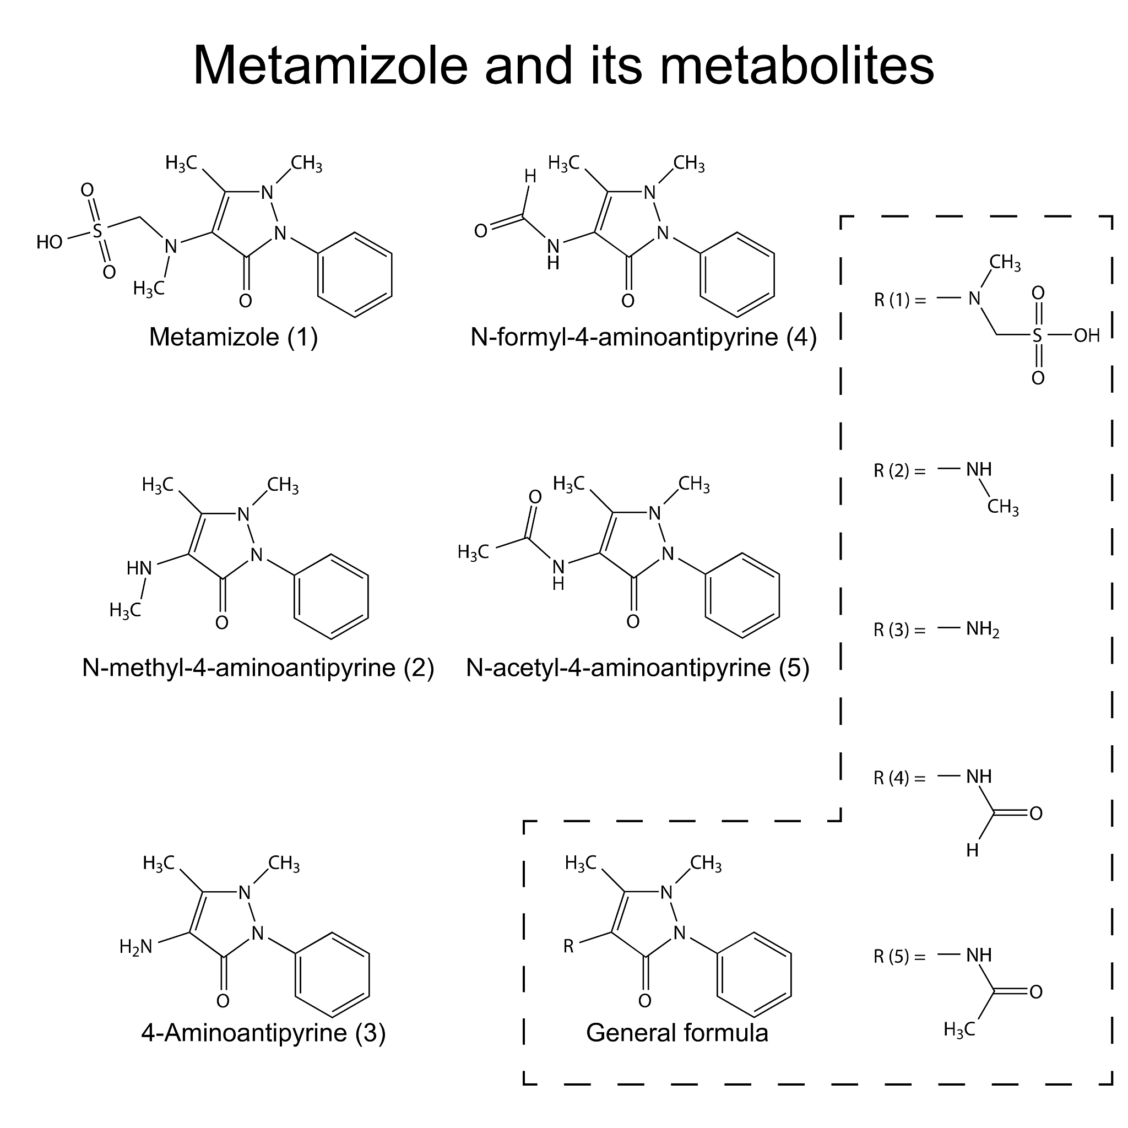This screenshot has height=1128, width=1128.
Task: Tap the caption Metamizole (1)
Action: [x=234, y=338]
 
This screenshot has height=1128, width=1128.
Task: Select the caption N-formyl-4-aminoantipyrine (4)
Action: [x=643, y=338]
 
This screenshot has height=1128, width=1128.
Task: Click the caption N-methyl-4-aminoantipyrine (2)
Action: [x=258, y=668]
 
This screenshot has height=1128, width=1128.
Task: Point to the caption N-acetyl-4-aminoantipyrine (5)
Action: [x=638, y=668]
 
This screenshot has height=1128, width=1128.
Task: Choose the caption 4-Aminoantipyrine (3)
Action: [x=263, y=1032]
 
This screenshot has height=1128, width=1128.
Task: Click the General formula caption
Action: [x=677, y=1032]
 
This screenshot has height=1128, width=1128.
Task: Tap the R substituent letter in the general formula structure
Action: [x=568, y=946]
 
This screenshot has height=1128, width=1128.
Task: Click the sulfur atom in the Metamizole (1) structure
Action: [x=97, y=231]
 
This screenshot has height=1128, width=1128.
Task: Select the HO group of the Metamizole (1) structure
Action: [x=50, y=242]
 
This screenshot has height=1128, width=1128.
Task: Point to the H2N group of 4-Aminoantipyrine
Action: [x=136, y=946]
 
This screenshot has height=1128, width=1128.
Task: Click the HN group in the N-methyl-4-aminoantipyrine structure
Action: [x=139, y=567]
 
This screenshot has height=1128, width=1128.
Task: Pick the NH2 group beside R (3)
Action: [x=983, y=630]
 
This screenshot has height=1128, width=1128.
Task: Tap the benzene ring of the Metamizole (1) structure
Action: [x=355, y=274]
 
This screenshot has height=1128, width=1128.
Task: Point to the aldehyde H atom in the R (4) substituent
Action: [x=972, y=850]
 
